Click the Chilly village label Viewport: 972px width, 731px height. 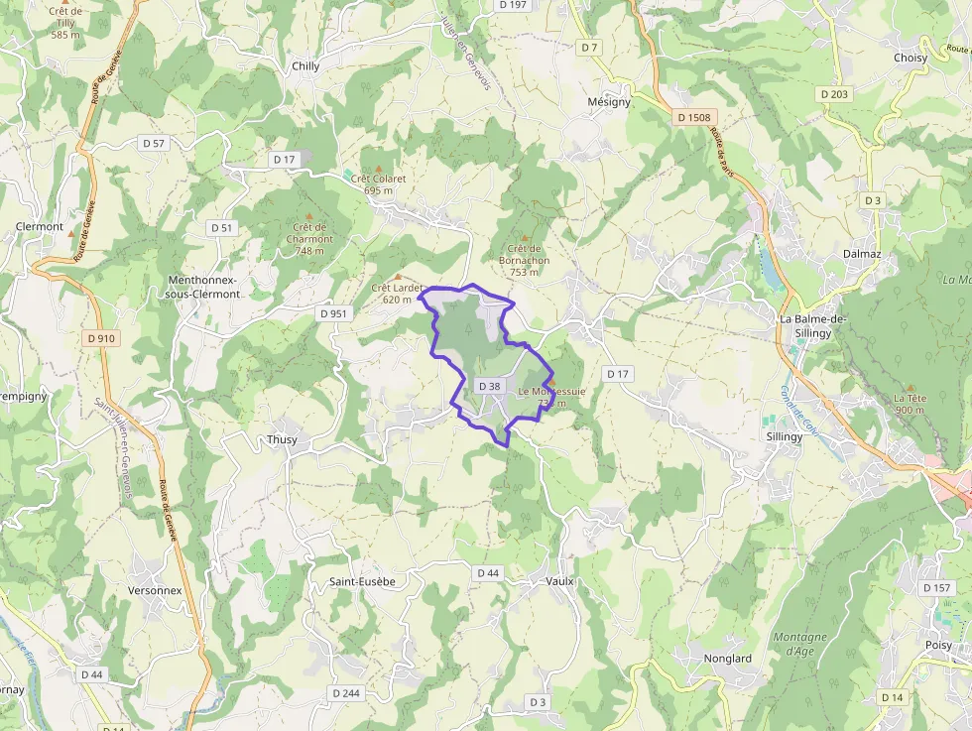coord(305,66)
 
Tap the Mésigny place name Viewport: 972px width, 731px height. coord(608,102)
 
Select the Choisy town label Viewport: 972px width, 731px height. coord(910,58)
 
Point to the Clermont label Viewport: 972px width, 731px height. coord(40,226)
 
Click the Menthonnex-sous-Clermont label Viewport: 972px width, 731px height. coord(204,287)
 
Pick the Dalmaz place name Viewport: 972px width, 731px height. coord(862,254)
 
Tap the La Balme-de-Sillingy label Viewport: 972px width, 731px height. coord(812,325)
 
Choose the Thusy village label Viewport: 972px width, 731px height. coord(282,439)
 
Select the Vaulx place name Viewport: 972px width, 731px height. coord(559,580)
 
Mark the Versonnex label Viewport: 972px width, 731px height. coord(155,590)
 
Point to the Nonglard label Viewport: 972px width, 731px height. coord(727,658)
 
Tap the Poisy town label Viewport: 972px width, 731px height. coord(938,646)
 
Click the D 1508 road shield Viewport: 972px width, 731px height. coord(693,117)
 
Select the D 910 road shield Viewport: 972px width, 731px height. coord(101,338)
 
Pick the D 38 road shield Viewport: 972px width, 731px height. coord(489,386)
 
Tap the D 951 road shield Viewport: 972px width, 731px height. coord(334,313)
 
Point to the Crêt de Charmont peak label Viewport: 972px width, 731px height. coord(310,238)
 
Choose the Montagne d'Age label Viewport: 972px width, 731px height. coord(799,644)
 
